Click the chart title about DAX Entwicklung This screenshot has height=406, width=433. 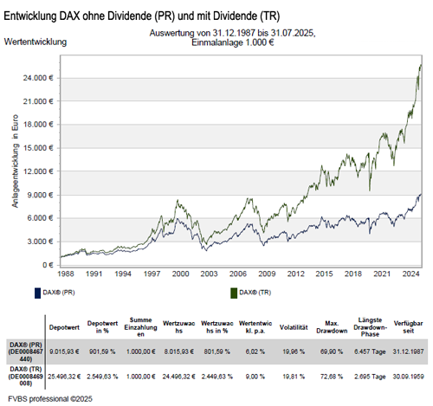(148, 17)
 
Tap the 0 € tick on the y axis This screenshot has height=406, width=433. (47, 265)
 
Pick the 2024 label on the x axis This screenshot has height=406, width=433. (412, 274)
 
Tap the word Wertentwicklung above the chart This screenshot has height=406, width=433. (36, 41)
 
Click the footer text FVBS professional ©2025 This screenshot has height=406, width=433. (48, 399)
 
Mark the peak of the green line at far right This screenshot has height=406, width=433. (421, 64)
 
